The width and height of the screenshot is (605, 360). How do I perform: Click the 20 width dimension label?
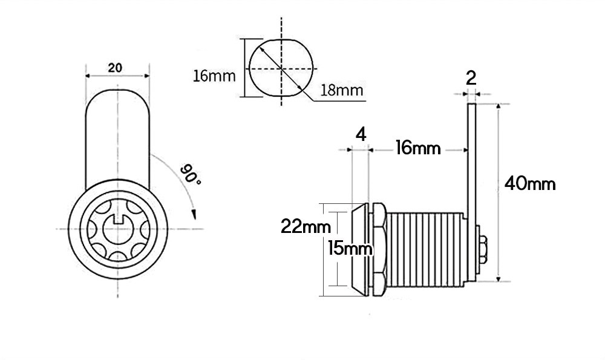tap(115, 68)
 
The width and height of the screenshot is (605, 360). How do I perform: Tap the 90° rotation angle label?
tap(190, 174)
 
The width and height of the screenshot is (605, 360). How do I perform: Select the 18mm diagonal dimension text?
tap(342, 90)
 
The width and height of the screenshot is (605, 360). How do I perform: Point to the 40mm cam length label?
tap(530, 184)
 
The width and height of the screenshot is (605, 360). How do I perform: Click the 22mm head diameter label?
tap(306, 226)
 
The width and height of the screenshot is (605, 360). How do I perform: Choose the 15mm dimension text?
tap(350, 248)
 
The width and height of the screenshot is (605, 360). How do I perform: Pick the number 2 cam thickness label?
tap(471, 78)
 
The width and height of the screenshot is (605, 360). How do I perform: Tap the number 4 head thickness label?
tap(361, 135)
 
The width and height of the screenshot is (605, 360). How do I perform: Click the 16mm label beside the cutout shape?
tap(214, 76)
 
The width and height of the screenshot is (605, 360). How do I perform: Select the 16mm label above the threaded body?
tap(418, 148)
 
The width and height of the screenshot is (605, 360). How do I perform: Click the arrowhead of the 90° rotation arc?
tap(194, 215)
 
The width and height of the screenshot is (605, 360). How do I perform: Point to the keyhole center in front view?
tap(118, 229)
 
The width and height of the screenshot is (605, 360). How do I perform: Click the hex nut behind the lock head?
tap(378, 249)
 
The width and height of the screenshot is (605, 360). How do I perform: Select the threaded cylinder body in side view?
tap(425, 250)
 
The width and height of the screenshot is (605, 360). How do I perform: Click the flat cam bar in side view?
tap(472, 192)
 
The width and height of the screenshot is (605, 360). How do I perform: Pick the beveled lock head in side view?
tap(361, 249)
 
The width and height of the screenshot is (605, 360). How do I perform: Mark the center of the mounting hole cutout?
tap(281, 69)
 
